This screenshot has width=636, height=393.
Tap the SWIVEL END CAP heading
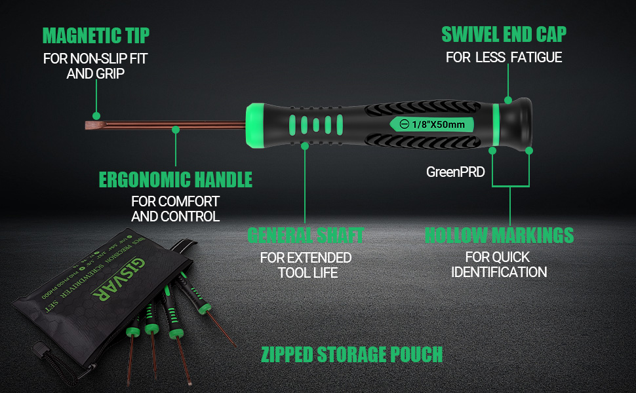pos(504,34)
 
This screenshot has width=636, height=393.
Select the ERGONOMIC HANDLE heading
pos(175,179)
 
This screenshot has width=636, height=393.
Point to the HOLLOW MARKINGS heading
pos(499,234)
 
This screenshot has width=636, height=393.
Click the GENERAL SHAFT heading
pos(305,234)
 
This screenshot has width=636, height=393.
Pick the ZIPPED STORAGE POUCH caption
pos(351,354)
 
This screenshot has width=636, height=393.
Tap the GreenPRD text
pos(455,172)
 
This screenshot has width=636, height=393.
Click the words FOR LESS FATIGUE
pos(504,58)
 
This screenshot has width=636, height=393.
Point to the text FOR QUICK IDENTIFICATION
pos(499,265)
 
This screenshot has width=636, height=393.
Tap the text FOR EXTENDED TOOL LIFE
pos(306,265)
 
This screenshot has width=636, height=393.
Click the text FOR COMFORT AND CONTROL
pos(175,208)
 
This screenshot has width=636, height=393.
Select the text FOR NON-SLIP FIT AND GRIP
pos(96,65)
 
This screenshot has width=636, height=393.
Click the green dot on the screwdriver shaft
pos(176,130)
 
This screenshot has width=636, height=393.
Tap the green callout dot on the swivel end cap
pos(508,100)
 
